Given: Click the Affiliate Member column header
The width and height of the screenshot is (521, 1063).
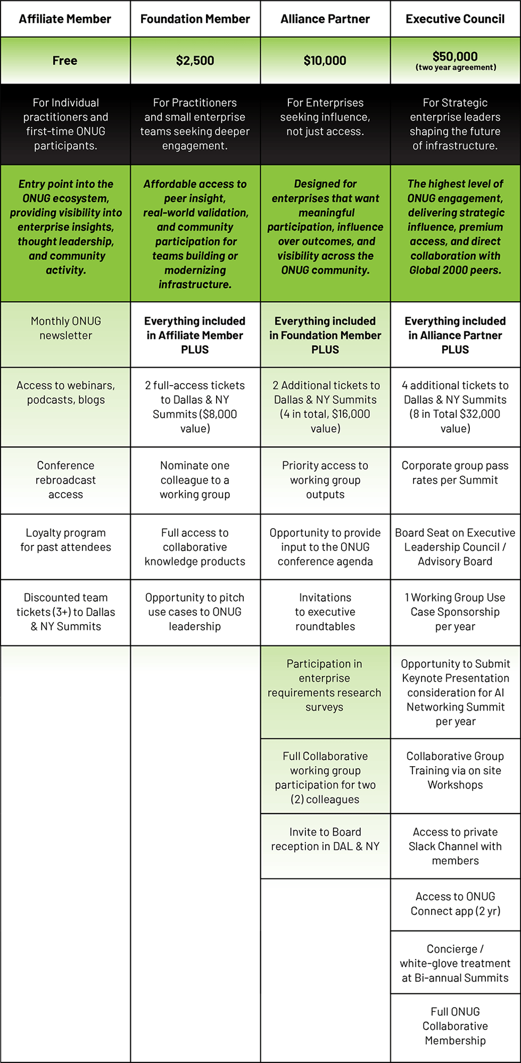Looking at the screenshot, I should [65, 19].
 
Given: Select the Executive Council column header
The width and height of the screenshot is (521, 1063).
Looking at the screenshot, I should [455, 19].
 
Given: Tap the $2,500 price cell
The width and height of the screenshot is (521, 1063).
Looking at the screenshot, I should [195, 61].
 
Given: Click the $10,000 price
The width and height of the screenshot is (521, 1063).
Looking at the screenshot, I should [325, 61].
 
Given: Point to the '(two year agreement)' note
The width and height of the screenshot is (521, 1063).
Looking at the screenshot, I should [456, 68].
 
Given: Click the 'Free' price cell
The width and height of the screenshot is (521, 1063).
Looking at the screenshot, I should [65, 61].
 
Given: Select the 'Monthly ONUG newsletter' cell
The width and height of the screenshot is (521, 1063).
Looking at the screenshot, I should [65, 328].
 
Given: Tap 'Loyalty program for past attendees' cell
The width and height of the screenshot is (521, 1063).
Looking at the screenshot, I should [65, 540].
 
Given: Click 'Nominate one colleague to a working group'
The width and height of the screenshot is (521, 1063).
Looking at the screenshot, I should [195, 480].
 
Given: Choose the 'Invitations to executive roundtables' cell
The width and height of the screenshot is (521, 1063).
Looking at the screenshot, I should [325, 612].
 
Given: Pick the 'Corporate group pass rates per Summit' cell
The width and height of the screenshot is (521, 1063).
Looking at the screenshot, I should [455, 472].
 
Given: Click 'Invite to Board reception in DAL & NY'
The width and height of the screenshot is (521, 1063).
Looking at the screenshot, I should [325, 839].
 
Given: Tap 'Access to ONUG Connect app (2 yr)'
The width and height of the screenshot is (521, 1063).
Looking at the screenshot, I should [455, 904].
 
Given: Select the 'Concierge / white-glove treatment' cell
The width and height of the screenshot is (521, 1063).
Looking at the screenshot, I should [455, 963].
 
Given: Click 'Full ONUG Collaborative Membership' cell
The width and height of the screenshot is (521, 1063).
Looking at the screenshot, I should [455, 1026].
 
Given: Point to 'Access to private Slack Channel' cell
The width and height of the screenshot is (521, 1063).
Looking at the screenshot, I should [455, 846].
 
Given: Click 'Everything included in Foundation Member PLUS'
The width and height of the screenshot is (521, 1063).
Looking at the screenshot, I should [325, 335].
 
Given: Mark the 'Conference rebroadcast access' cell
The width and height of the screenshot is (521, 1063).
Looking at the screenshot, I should [65, 480].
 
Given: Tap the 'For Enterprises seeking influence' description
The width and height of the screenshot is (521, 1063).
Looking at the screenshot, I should [325, 117].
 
